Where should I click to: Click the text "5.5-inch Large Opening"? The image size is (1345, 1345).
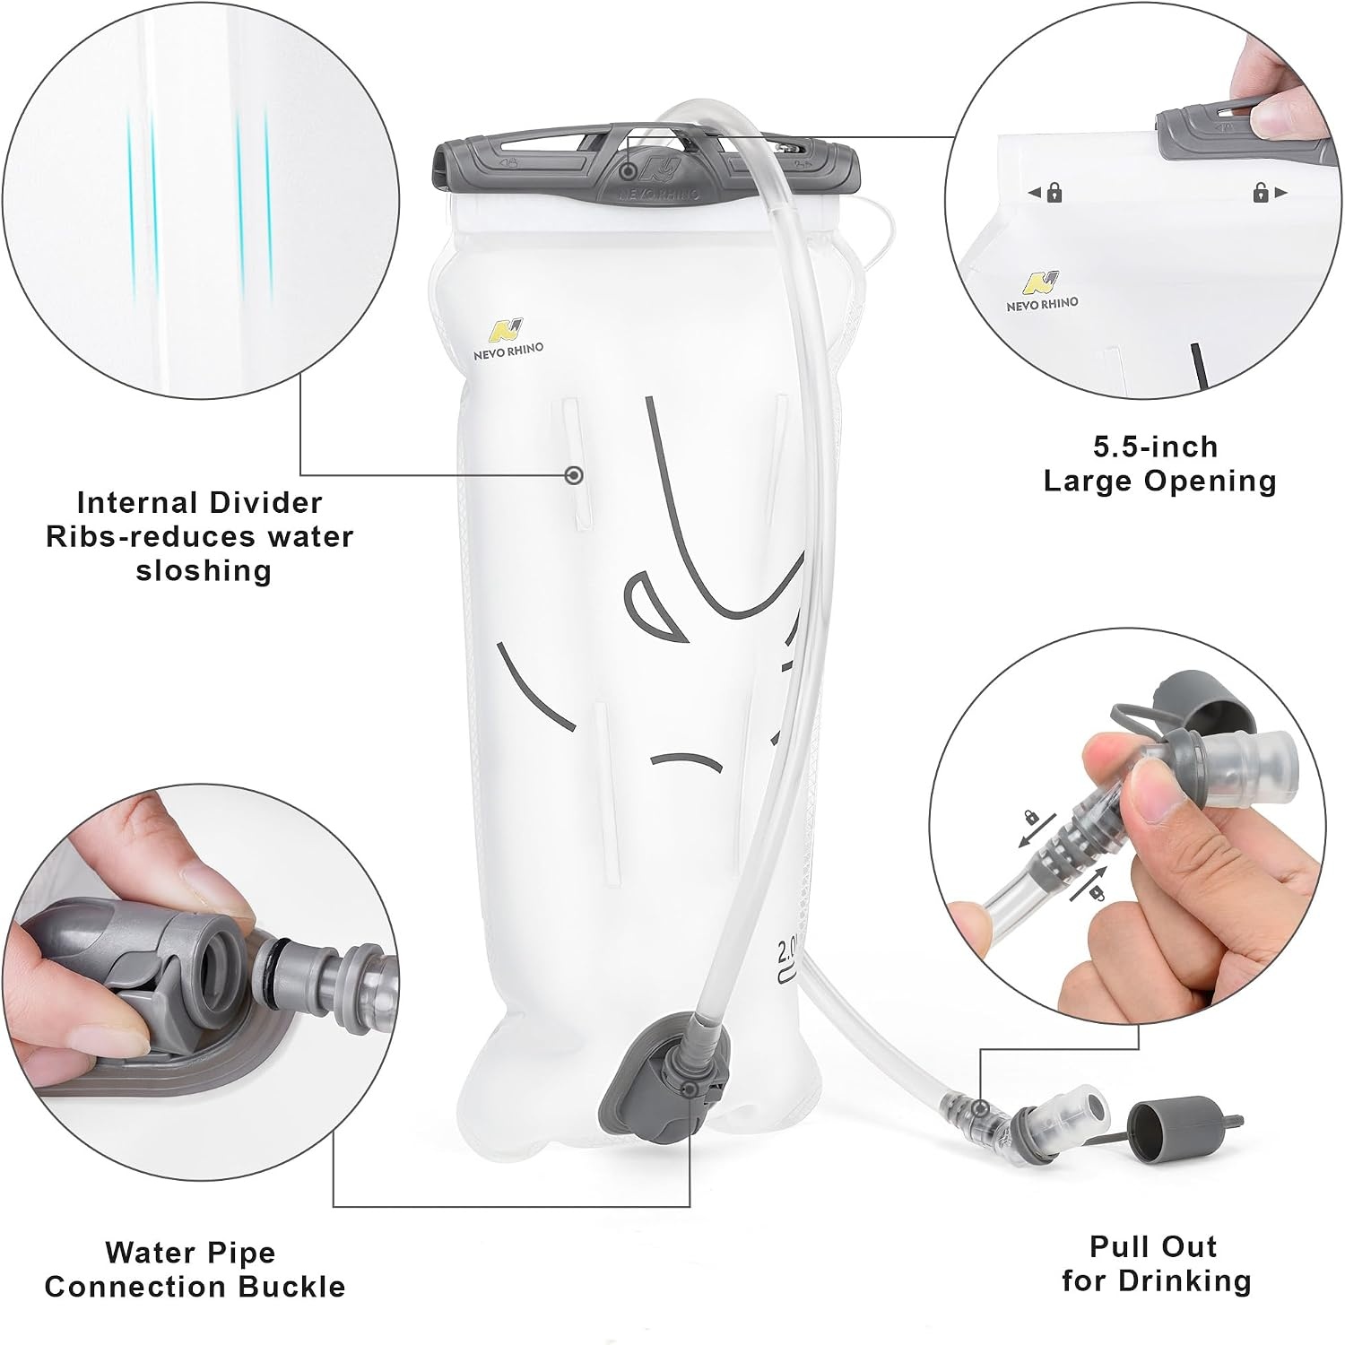coord(1159,464)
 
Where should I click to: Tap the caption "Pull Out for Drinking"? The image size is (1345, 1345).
coord(1156,1263)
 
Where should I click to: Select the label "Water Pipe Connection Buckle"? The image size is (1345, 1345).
coord(195,1269)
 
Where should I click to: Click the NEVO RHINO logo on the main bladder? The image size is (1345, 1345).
coord(508,338)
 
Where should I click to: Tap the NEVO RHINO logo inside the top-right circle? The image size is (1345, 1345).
coord(1042,291)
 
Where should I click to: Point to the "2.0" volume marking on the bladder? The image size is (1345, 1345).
coord(789,949)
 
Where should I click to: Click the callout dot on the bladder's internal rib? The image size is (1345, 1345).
coord(575,474)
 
